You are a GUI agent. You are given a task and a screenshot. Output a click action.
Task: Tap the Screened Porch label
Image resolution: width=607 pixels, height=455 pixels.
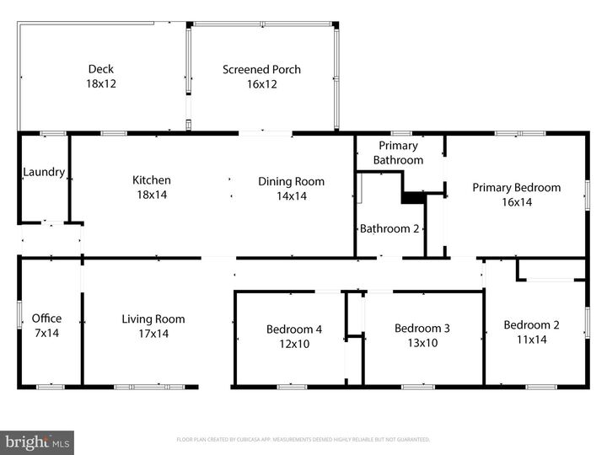[261, 69]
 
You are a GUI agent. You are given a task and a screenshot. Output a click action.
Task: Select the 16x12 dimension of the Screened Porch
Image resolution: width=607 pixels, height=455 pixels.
[261, 84]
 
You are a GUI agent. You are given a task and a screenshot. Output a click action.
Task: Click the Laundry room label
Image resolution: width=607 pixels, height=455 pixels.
[44, 172]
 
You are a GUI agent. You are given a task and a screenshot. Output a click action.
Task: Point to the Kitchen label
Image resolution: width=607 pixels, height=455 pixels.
[152, 180]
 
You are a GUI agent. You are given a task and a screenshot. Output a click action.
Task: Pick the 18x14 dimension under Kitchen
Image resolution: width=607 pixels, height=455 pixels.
[152, 195]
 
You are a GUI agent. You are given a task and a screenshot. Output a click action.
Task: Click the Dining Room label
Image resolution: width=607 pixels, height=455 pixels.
[291, 181]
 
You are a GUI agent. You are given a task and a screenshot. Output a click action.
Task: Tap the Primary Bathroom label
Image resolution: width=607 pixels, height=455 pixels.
[398, 153]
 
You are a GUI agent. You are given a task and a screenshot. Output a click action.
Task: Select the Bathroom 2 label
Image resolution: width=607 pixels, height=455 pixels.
[389, 228]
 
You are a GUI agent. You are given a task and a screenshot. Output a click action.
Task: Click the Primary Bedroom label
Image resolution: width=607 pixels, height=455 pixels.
[516, 188]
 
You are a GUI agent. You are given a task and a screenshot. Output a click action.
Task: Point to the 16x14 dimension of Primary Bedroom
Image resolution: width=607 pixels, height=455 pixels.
[516, 202]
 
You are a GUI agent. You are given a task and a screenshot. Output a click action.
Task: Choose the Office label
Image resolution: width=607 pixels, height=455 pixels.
[46, 318]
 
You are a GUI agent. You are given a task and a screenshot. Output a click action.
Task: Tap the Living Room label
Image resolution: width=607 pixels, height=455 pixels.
[153, 319]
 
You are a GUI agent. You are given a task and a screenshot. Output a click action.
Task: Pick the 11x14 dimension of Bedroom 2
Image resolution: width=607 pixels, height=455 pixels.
[531, 340]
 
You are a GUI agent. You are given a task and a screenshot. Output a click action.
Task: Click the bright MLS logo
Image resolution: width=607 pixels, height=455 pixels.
[37, 442]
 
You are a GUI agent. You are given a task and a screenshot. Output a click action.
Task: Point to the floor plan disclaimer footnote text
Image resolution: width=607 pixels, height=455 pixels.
[303, 439]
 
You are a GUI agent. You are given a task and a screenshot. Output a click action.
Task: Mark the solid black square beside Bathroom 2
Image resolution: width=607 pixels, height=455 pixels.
[412, 198]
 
